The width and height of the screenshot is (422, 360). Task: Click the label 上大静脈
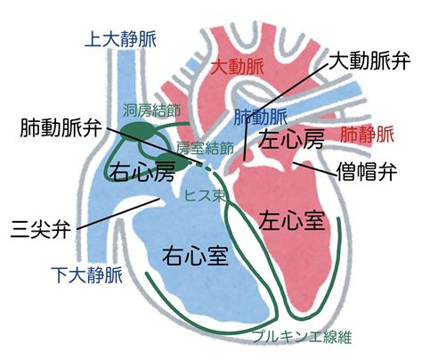pyautogui.click(x=120, y=39)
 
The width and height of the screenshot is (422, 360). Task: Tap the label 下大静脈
pyautogui.click(x=87, y=275)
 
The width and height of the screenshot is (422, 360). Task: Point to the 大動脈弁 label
pyautogui.click(x=369, y=61)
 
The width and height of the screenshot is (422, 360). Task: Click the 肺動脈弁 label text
pyautogui.click(x=61, y=128)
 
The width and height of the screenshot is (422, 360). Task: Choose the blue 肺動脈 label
pyautogui.click(x=261, y=117)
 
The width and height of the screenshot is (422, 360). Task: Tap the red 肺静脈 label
pyautogui.click(x=367, y=135)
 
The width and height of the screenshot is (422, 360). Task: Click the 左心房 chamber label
pyautogui.click(x=291, y=139)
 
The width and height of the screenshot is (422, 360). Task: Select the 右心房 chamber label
pyautogui.click(x=142, y=172)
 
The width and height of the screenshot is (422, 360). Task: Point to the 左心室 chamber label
pyautogui.click(x=292, y=220)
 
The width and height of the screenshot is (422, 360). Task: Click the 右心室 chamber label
pyautogui.click(x=195, y=255)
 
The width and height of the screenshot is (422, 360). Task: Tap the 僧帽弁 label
pyautogui.click(x=367, y=171)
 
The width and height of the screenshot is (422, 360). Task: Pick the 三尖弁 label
pyautogui.click(x=41, y=229)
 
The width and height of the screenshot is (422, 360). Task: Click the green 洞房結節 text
pyautogui.click(x=151, y=111)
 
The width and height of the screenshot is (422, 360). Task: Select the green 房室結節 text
pyautogui.click(x=205, y=148)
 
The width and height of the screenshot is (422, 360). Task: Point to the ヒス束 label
pyautogui.click(x=205, y=195)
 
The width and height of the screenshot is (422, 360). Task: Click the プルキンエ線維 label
pyautogui.click(x=302, y=337)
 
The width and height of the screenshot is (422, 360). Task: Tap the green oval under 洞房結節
pyautogui.click(x=138, y=131)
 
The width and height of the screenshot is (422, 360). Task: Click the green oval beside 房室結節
pyautogui.click(x=172, y=162)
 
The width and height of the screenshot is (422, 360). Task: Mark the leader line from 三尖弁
pyautogui.click(x=118, y=214)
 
